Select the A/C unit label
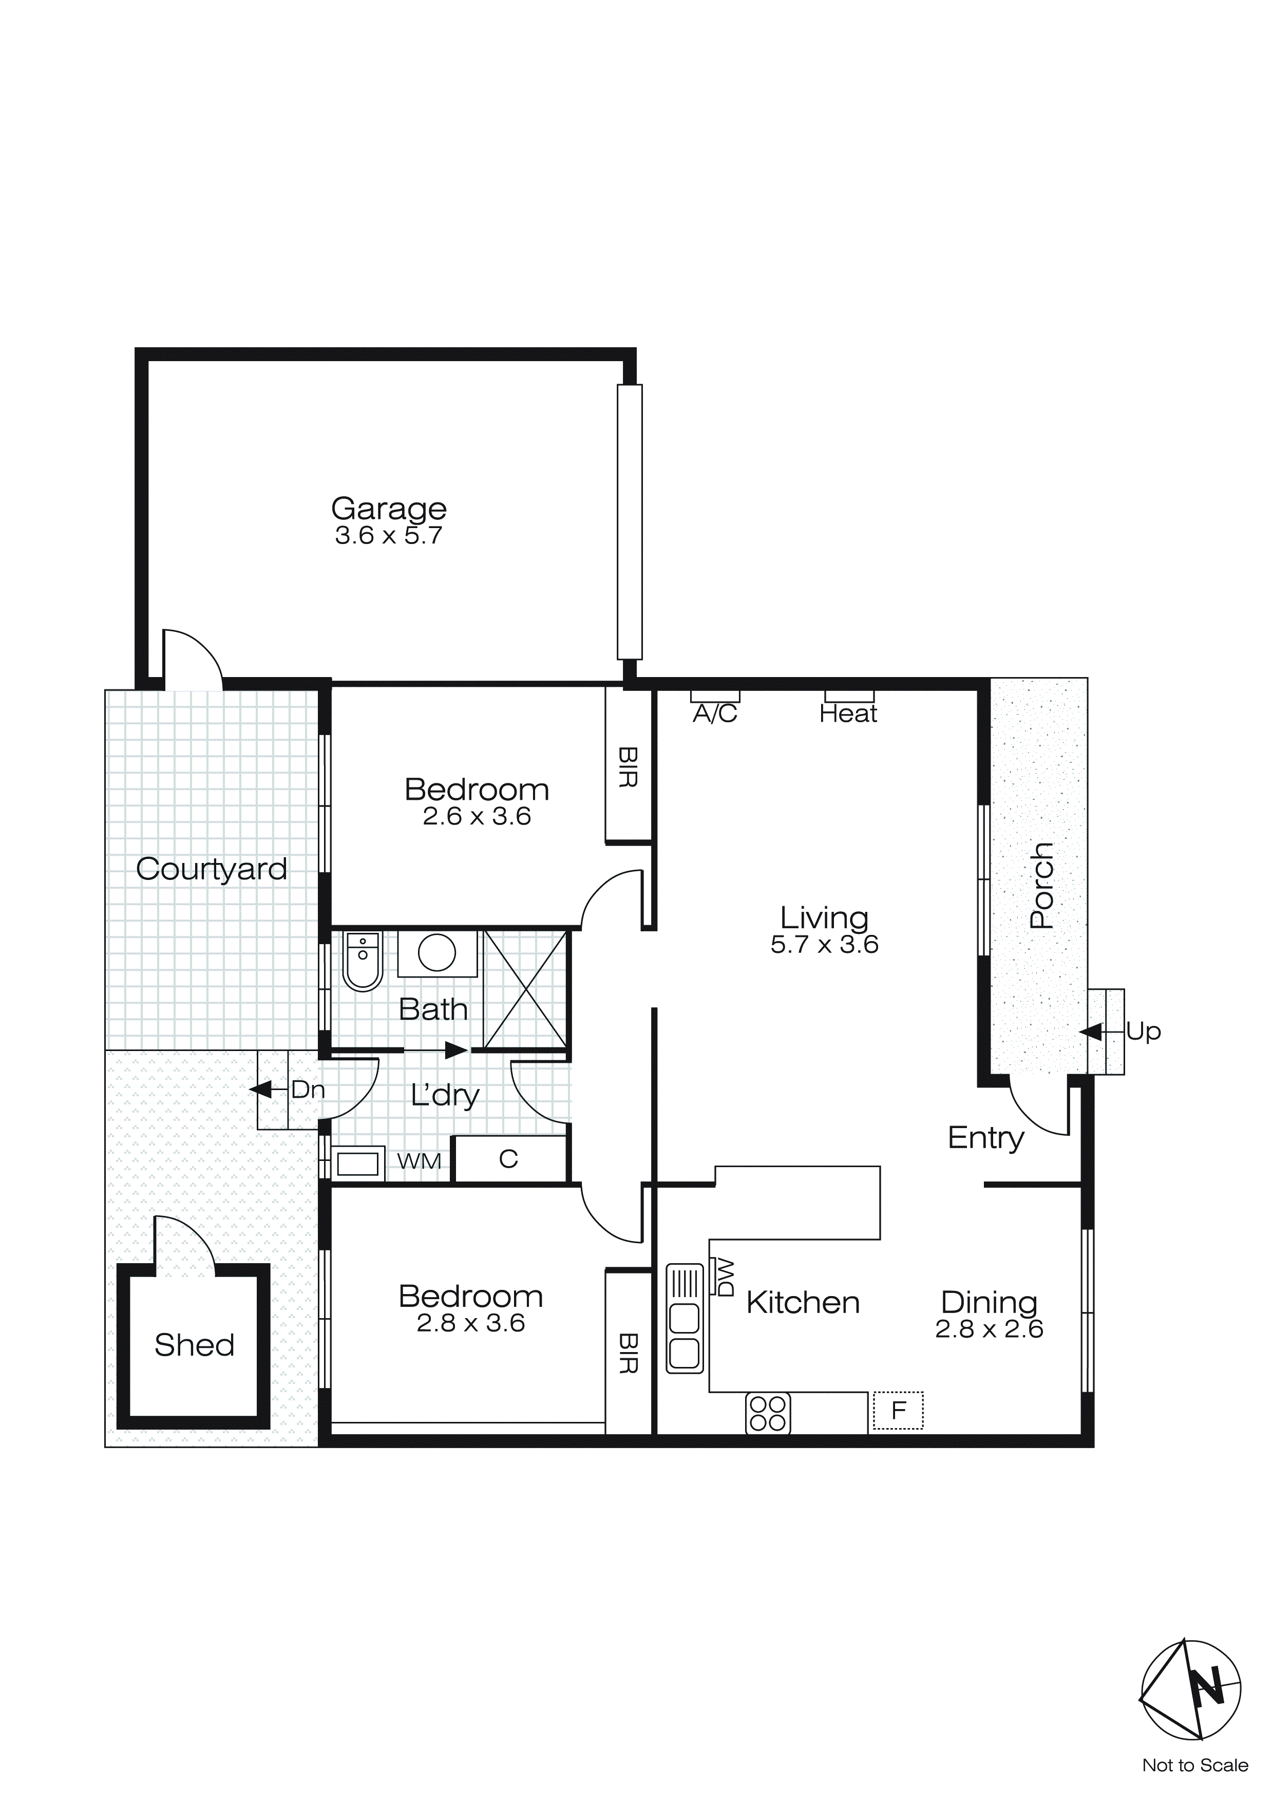pos(715,714)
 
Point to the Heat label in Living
pos(848,714)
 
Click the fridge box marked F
pos(898,1411)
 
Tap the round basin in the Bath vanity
pos(436,953)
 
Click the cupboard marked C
pos(509,1159)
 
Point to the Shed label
pos(195,1345)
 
